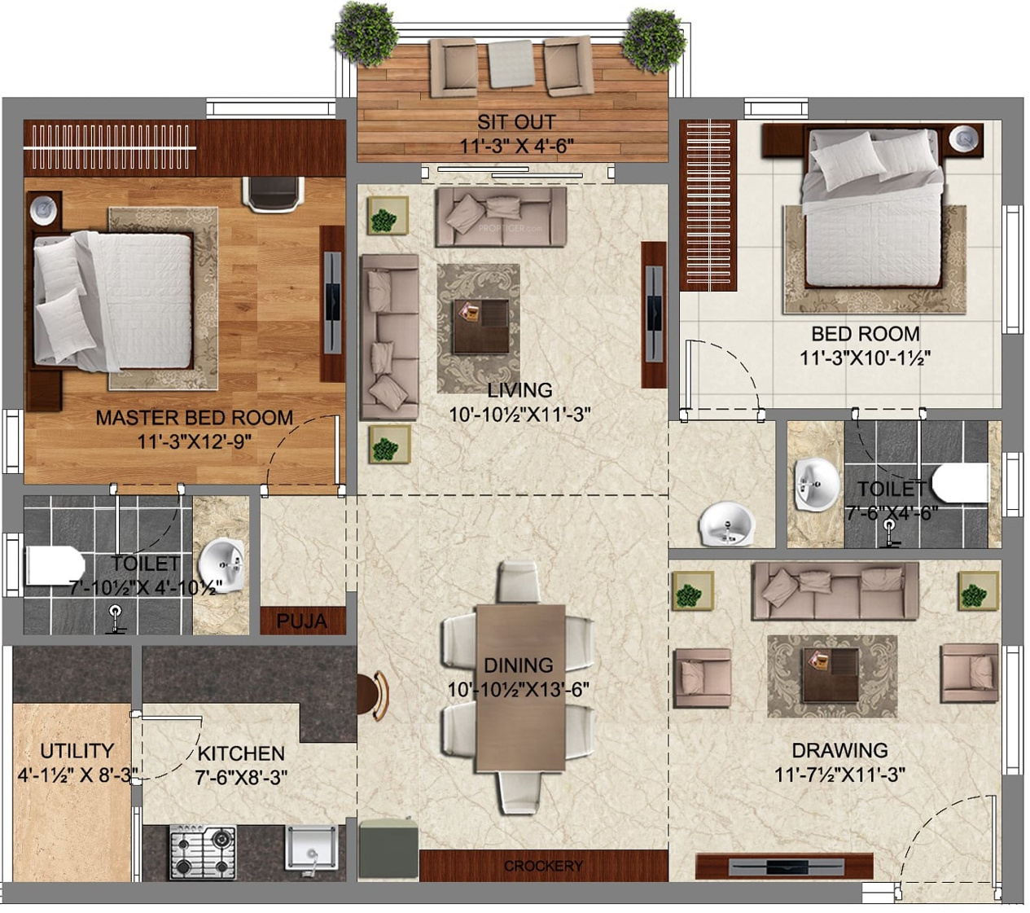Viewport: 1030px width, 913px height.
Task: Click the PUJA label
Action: [x=301, y=621]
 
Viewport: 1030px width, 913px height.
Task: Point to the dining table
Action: [x=520, y=687]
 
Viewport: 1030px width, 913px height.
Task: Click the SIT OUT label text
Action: [x=516, y=122]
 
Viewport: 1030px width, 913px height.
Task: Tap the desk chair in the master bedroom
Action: [x=273, y=194]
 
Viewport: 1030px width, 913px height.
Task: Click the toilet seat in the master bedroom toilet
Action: [x=55, y=565]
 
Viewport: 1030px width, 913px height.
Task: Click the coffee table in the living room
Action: [x=481, y=326]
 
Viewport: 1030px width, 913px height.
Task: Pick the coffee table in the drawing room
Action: [x=831, y=675]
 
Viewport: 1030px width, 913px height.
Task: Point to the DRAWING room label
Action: [x=839, y=750]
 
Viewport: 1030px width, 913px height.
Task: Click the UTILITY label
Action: [x=77, y=751]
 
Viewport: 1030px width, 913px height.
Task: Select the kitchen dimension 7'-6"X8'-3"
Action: [x=241, y=777]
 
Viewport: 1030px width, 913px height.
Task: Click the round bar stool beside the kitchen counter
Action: [x=373, y=696]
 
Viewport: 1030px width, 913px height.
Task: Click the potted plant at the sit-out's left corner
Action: [x=366, y=34]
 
